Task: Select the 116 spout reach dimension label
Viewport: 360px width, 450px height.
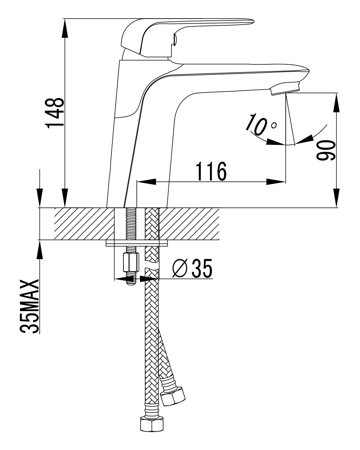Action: (211, 172)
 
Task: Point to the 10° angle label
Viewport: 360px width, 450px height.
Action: (259, 125)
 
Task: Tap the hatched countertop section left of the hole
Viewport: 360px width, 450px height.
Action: (84, 224)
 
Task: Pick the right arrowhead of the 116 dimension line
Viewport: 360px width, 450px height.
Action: (276, 182)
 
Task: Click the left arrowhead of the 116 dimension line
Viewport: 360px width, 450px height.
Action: (146, 182)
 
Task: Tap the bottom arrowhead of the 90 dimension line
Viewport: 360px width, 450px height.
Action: (337, 198)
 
